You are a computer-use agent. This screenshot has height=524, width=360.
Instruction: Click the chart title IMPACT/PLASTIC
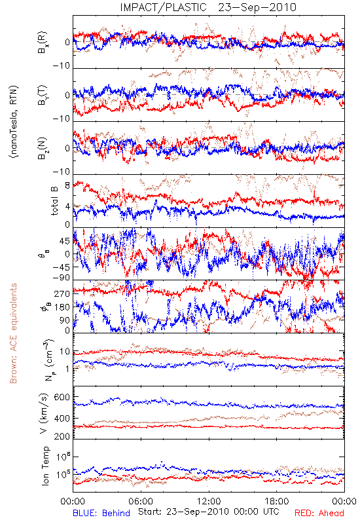[x=163, y=7]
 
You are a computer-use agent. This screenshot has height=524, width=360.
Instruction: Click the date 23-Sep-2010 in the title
[x=257, y=7]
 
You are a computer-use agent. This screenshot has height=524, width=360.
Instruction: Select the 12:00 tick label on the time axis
[x=209, y=501]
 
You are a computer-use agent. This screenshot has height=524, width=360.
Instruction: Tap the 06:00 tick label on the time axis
[x=141, y=501]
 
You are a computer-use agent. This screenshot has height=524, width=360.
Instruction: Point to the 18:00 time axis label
[x=277, y=501]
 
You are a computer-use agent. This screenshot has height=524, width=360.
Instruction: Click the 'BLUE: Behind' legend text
[x=101, y=513]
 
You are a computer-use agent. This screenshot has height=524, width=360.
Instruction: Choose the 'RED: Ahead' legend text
[x=319, y=513]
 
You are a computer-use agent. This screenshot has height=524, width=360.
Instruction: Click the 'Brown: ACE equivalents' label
[x=13, y=333]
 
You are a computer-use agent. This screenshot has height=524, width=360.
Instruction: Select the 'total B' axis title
[x=54, y=200]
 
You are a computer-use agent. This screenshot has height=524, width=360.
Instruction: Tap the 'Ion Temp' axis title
[x=45, y=466]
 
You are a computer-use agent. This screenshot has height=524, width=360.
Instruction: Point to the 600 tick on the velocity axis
[x=62, y=397]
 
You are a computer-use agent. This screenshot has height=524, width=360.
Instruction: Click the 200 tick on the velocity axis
[x=62, y=436]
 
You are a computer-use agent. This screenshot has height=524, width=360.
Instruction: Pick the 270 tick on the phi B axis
[x=62, y=293]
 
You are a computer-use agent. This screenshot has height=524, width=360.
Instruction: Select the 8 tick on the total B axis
[x=67, y=185]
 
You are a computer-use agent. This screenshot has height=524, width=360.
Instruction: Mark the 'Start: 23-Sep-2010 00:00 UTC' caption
[x=208, y=512]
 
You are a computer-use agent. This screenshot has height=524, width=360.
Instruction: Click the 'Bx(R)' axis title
[x=43, y=42]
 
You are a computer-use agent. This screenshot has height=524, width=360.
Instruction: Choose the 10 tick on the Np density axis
[x=65, y=352]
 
